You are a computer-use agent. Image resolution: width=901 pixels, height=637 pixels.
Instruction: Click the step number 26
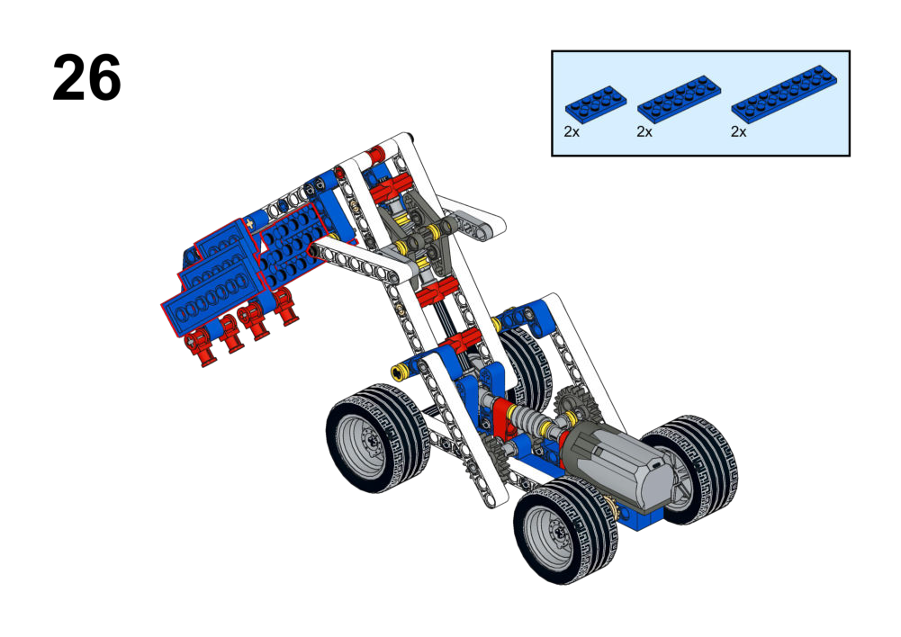click(x=86, y=77)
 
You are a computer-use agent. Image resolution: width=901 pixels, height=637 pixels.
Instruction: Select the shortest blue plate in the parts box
click(x=595, y=105)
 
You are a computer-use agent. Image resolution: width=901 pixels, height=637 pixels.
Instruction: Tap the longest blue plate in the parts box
click(x=784, y=94)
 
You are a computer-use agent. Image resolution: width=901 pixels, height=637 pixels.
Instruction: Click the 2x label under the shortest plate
click(x=572, y=132)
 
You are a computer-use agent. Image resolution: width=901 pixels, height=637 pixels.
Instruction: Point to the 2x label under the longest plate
click(x=738, y=132)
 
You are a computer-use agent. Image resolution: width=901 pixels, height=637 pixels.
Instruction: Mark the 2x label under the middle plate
click(x=644, y=132)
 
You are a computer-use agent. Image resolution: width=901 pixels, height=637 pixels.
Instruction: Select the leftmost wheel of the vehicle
click(x=377, y=437)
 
